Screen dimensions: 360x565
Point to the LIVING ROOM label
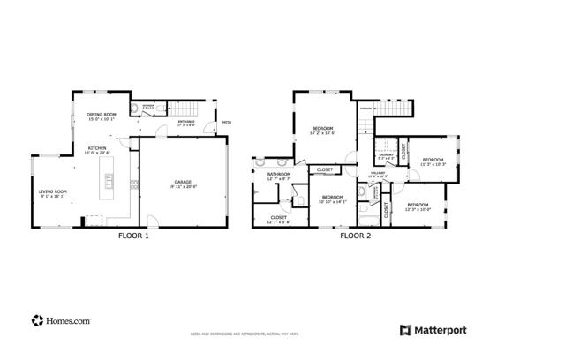pos(52,193)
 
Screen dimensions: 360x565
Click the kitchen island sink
pos(109,184)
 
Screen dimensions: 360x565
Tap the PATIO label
pos(226,122)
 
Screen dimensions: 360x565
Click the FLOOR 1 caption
pos(134,236)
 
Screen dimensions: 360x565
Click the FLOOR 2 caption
pos(356,236)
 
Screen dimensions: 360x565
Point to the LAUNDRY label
pos(386,156)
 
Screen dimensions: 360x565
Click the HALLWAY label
pos(377,175)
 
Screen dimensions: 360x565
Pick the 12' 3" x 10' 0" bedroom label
pos(418,207)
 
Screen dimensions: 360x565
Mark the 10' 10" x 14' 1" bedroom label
pos(332,199)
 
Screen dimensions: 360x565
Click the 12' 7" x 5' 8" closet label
pos(278,219)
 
